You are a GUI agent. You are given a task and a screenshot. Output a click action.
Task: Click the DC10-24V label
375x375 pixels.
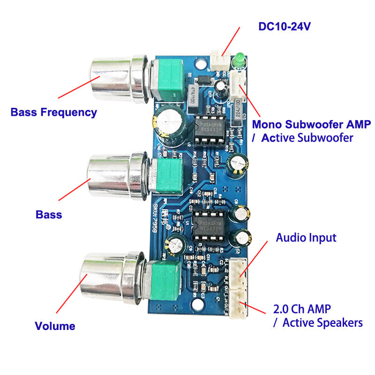tap(285, 26)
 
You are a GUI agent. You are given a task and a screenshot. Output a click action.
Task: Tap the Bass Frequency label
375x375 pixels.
tap(53, 112)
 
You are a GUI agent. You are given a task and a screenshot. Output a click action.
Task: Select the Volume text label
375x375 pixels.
tap(55, 326)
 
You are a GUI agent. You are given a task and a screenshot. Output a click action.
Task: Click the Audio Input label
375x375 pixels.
tap(306, 238)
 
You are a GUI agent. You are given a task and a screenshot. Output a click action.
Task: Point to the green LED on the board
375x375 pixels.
tap(239, 59)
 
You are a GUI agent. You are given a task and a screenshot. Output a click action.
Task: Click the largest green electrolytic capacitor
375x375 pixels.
tap(166, 123)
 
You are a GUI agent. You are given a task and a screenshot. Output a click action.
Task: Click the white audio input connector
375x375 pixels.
tap(240, 272)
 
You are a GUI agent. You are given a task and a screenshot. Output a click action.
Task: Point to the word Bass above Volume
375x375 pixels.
tap(49, 215)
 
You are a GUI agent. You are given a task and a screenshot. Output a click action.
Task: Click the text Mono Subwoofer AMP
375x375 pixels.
tap(311, 125)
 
